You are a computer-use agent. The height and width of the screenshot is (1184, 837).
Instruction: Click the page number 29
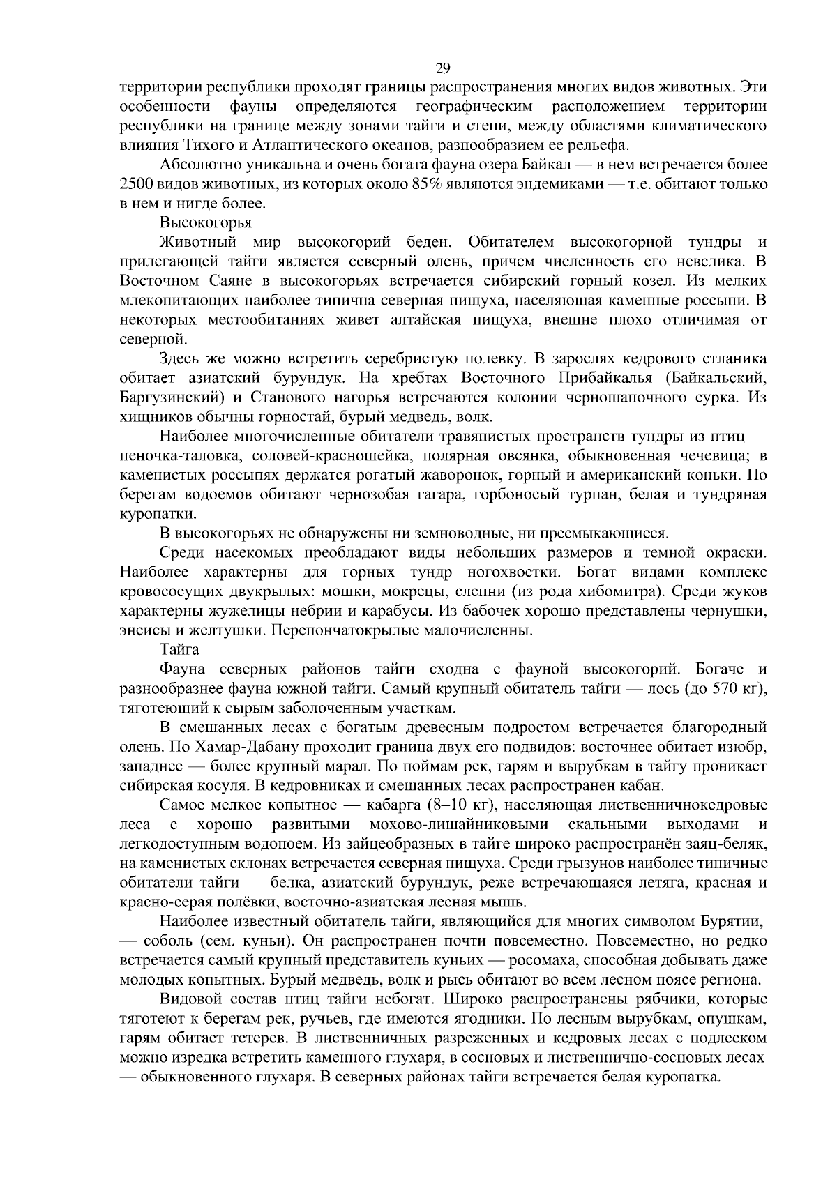(x=442, y=68)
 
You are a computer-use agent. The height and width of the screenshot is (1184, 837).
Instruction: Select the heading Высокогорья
(x=206, y=223)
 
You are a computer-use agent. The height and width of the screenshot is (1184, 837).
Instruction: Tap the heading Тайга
(x=180, y=650)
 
